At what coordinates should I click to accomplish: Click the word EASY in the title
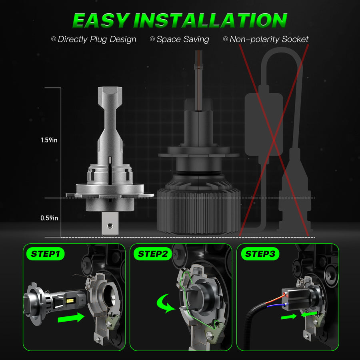[102, 20]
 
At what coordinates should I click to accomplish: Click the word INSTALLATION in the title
[210, 20]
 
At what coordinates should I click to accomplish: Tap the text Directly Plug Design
[97, 39]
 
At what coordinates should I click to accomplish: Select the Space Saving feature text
[182, 39]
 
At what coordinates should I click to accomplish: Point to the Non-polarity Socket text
[269, 39]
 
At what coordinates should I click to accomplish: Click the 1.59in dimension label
[49, 141]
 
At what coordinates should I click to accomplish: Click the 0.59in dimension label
[49, 218]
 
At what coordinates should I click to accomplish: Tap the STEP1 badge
[45, 254]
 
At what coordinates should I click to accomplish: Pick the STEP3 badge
[259, 254]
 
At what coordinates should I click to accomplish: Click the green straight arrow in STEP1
[71, 318]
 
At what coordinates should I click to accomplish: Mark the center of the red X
[274, 140]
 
